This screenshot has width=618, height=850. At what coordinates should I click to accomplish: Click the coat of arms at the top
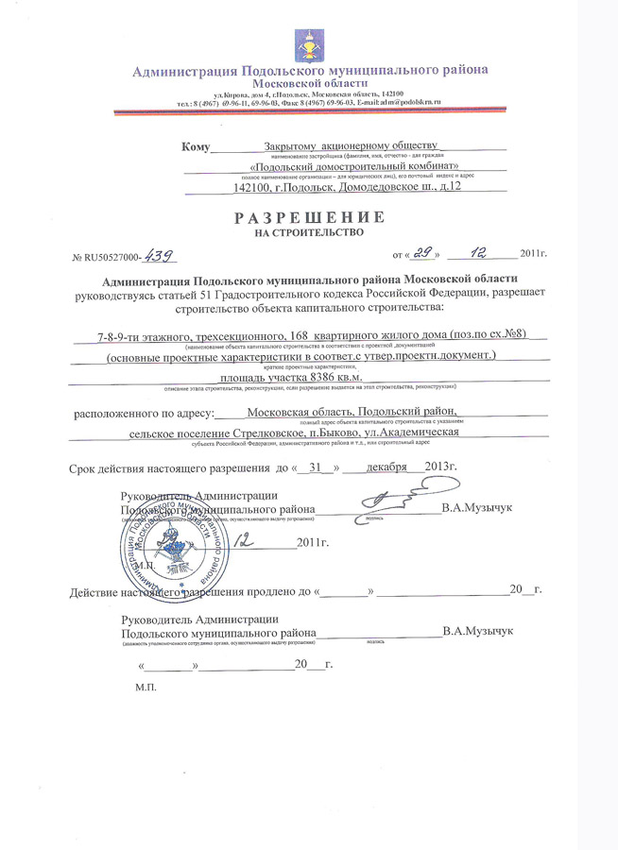point(309,42)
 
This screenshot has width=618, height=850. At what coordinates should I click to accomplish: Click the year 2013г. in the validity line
point(439,467)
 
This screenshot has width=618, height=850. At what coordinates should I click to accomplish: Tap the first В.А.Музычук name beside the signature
point(476,508)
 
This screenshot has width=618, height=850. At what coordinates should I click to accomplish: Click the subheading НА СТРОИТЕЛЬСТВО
point(309,232)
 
